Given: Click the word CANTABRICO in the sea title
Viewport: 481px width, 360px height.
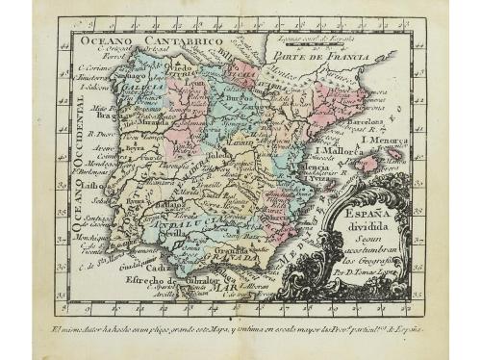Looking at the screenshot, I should coord(184,42).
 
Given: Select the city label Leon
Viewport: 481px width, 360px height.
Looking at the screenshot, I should coord(196,83).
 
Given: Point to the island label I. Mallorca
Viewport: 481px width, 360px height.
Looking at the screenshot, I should coord(340,151).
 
